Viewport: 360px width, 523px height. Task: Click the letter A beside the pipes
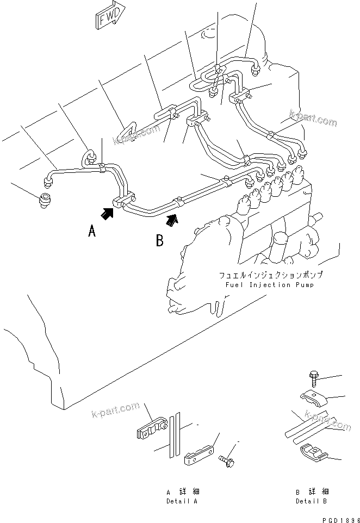tap(92, 233)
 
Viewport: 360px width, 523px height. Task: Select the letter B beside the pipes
tap(159, 240)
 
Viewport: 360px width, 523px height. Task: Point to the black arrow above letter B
tap(171, 220)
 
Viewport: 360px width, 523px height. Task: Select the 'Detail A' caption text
tap(182, 501)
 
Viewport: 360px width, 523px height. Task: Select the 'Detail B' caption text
tap(312, 501)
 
